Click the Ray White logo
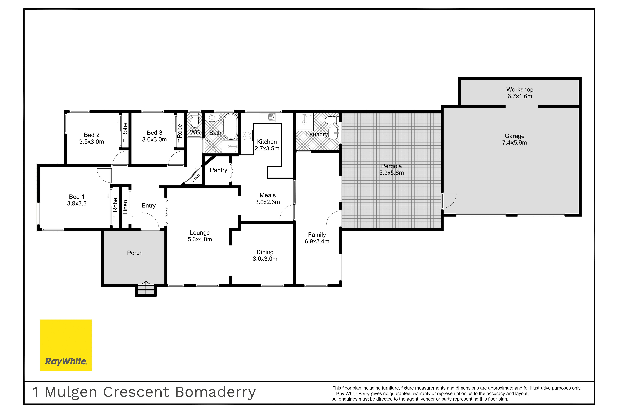[66, 345]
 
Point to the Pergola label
[391, 166]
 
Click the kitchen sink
[268, 117]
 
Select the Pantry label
[218, 170]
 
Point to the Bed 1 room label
[77, 197]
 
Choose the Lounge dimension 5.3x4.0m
[200, 239]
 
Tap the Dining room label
[265, 252]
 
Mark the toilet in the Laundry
[332, 120]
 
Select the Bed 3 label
[154, 133]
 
